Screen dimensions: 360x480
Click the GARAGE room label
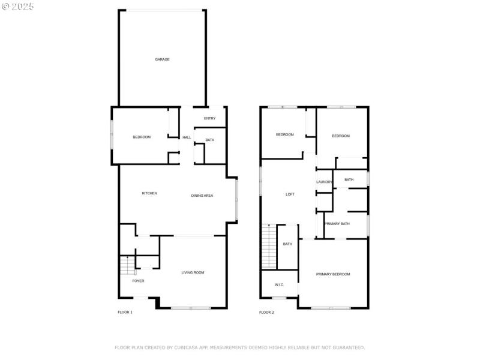tap(162, 59)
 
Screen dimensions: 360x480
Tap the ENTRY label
tap(209, 118)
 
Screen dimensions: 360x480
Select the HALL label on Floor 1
tap(187, 137)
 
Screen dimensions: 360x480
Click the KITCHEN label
tap(149, 193)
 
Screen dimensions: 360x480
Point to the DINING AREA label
tap(202, 196)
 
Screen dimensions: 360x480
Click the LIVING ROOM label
tap(193, 272)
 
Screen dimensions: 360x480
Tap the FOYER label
tap(138, 281)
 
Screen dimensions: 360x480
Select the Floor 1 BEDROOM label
tap(142, 137)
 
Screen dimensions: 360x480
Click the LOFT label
tap(290, 194)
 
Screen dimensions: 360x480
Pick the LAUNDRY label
tap(325, 182)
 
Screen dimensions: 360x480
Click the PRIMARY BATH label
tap(337, 224)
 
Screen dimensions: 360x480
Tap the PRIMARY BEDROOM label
tap(333, 274)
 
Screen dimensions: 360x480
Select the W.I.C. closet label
tap(279, 284)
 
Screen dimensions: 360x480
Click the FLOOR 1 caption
tap(125, 313)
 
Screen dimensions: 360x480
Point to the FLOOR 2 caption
tap(266, 313)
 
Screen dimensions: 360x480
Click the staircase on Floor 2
tap(268, 246)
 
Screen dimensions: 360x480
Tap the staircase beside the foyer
tap(127, 265)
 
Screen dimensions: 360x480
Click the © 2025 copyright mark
tap(18, 6)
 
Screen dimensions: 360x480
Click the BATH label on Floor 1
tap(209, 140)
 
